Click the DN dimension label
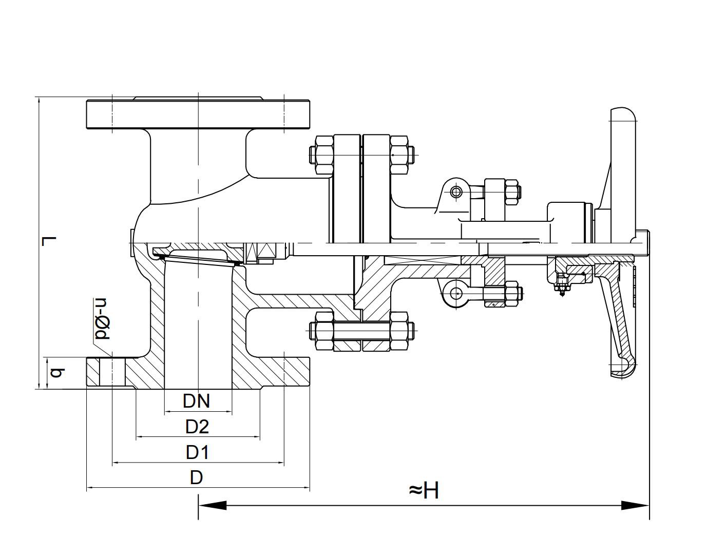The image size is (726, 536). coord(197,401)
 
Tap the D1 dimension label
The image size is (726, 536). coord(198,452)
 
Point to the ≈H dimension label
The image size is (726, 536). coord(424,490)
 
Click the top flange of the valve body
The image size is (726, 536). coord(198,114)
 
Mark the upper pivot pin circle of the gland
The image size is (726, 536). coord(456,192)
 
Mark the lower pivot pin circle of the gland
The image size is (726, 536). coord(456,293)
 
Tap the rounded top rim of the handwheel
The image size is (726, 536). coord(623,114)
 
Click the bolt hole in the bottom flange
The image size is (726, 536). coord(112,373)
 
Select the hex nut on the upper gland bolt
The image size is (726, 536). coord(511,192)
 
